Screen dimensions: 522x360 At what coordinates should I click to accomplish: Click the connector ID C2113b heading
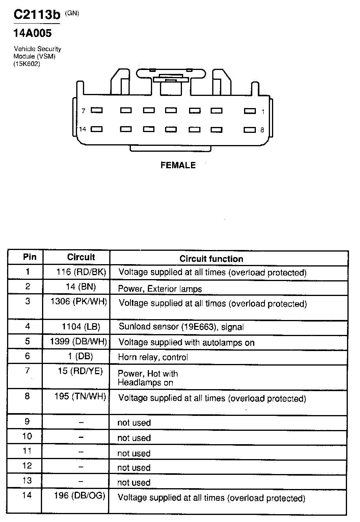(37, 15)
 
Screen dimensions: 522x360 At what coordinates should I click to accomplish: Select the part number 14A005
(33, 34)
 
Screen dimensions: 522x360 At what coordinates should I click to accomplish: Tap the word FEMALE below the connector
(178, 165)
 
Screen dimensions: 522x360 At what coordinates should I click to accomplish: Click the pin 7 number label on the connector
(83, 111)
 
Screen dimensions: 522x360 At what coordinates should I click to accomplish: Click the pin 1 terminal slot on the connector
(250, 111)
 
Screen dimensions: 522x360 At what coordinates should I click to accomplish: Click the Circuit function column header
(211, 259)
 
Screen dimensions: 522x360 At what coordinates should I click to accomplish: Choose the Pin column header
(29, 257)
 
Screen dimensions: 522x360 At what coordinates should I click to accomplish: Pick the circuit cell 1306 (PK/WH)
(79, 302)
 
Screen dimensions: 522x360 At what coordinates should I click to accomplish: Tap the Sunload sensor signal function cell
(181, 327)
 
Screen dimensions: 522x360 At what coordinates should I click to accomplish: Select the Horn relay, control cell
(153, 357)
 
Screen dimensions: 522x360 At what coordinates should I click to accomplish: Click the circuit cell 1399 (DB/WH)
(79, 341)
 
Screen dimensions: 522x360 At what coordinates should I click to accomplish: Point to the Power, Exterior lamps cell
(160, 289)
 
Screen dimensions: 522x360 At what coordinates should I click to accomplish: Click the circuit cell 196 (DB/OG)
(80, 496)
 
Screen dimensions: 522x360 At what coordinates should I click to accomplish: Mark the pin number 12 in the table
(27, 466)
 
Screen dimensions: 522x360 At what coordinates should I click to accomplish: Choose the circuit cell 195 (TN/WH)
(80, 397)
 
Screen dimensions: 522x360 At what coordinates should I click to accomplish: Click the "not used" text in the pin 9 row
(134, 423)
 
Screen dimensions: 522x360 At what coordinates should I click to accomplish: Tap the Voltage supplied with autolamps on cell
(186, 343)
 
